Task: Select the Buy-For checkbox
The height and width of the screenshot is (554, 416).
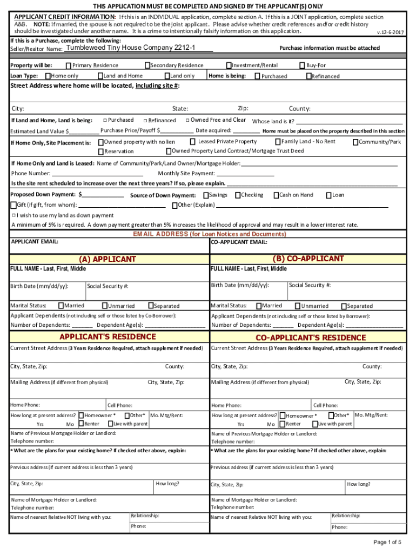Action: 302,65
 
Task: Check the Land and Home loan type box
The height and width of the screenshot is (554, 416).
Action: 100,76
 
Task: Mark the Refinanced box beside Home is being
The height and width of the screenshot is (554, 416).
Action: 309,76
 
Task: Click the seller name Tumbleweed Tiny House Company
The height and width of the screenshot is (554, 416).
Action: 130,48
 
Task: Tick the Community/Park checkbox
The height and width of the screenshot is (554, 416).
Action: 355,142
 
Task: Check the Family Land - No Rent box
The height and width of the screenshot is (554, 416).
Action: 278,142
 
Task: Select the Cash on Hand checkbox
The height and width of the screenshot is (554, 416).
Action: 276,195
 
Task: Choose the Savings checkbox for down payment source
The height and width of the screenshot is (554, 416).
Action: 206,195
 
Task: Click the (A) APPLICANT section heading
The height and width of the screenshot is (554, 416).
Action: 108,259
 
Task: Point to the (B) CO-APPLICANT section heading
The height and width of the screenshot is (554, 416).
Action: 308,259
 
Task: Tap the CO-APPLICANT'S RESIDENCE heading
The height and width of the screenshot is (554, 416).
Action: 310,338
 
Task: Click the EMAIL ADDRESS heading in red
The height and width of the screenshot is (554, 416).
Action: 210,234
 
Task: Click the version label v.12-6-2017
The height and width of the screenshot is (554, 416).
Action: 390,32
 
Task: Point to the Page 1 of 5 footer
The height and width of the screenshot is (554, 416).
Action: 387,542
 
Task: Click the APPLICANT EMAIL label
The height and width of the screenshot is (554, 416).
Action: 35,242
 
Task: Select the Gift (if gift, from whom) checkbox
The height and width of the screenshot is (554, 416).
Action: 14,205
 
